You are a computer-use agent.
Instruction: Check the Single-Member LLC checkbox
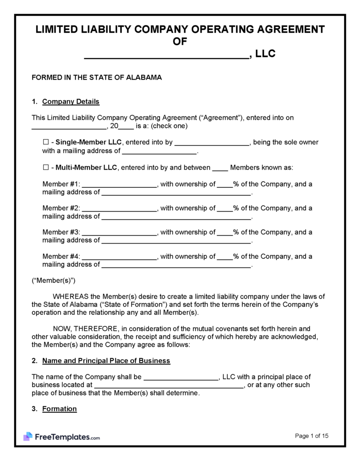(x=45, y=142)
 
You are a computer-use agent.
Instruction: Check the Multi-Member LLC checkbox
(x=45, y=167)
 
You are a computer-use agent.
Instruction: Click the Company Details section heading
(x=70, y=102)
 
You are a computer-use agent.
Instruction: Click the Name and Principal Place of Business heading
(x=106, y=361)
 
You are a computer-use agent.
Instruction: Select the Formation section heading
(x=59, y=409)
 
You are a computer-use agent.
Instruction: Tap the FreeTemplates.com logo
(x=61, y=437)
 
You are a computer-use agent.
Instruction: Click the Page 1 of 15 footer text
(x=312, y=436)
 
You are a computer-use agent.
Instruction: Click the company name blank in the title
(x=166, y=55)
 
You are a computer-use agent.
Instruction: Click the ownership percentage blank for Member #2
(x=225, y=208)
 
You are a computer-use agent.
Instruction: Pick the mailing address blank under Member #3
(x=176, y=241)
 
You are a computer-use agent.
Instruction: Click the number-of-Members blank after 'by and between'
(x=220, y=168)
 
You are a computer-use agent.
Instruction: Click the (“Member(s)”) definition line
(x=53, y=281)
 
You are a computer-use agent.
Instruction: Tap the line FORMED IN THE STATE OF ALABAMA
(x=97, y=78)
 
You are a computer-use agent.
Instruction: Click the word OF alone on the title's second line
(x=180, y=42)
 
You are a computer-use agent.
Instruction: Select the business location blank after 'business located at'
(x=169, y=385)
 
